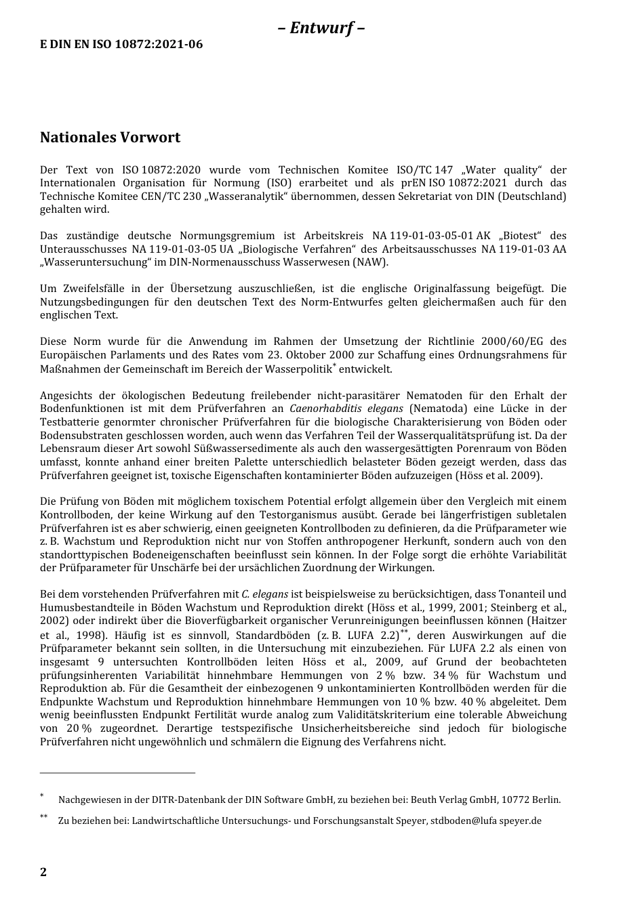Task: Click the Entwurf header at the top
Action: pos(321,28)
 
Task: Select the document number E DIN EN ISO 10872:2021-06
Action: pos(121,45)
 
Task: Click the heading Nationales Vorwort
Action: pos(110,138)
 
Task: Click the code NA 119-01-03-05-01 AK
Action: pos(431,236)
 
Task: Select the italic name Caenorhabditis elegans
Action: pos(346,409)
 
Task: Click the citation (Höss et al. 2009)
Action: pos(499,475)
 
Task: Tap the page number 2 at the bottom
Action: pos(43,872)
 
